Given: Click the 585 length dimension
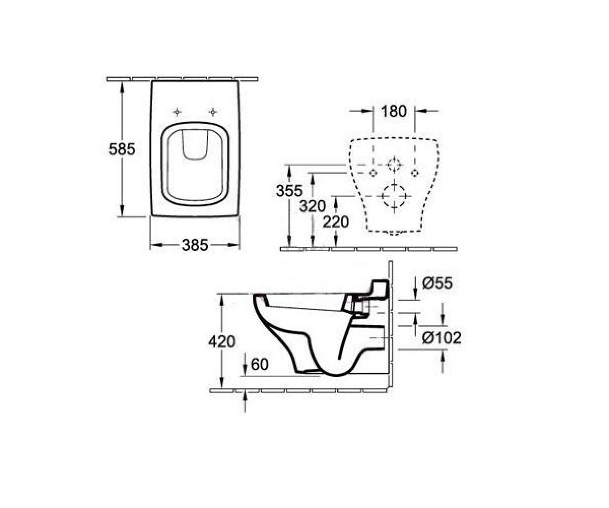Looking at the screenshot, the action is coord(122,149).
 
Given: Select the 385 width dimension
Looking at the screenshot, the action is coord(195,245).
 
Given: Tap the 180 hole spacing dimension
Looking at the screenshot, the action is coord(394,111).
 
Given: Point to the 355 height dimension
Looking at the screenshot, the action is coord(289,191).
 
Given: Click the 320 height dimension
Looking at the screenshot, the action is coord(313,207).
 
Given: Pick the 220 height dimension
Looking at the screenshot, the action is coord(335,222).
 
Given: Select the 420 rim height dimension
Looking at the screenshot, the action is coord(222,341).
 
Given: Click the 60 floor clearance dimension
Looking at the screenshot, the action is coord(259,364).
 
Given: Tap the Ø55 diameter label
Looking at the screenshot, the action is coord(437,283).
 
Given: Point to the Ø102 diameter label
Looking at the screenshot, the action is coord(442,338).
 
